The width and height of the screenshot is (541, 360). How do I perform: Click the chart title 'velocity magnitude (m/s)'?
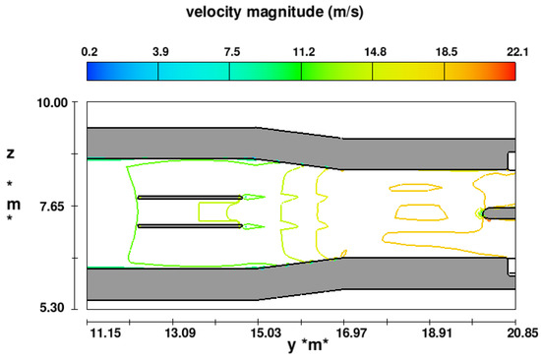tap(274, 12)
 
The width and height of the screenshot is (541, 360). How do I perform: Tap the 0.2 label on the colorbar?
tap(90, 52)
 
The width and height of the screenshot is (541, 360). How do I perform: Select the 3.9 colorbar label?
tap(160, 52)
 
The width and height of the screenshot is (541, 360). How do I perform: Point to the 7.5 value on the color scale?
tap(232, 52)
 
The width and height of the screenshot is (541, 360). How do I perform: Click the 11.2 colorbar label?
tap(304, 52)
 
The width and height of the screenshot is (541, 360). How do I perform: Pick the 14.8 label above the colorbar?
tap(376, 52)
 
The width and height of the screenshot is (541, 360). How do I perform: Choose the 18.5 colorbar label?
tap(447, 52)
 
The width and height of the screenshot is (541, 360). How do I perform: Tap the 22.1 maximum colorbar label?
tap(517, 52)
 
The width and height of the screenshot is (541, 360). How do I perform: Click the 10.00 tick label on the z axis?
tap(52, 102)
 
